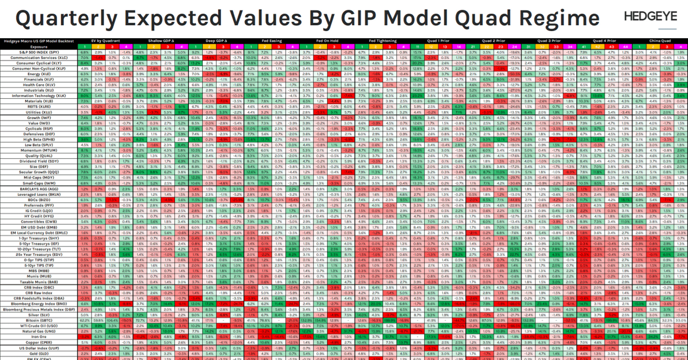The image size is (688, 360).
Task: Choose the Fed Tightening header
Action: [x=380, y=41]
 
